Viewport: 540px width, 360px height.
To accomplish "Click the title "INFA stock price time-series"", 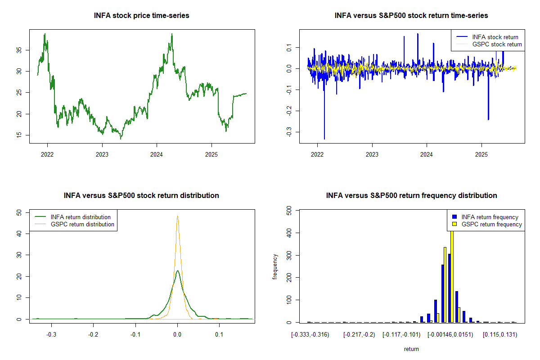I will tap(142, 16).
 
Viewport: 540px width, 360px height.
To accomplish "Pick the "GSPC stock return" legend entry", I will tap(497, 44).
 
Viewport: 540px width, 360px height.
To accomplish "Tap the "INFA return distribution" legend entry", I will tap(81, 217).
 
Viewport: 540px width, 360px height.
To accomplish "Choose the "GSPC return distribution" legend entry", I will tap(82, 224).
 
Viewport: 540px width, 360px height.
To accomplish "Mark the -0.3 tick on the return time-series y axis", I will tap(288, 132).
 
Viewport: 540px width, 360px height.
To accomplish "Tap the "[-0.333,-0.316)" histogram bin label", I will tap(310, 335).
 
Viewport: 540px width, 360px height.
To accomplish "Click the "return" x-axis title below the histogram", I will tap(411, 349).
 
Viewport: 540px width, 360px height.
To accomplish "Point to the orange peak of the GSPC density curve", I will tap(177, 216).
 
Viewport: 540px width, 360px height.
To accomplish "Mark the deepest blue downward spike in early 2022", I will tap(324, 139).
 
